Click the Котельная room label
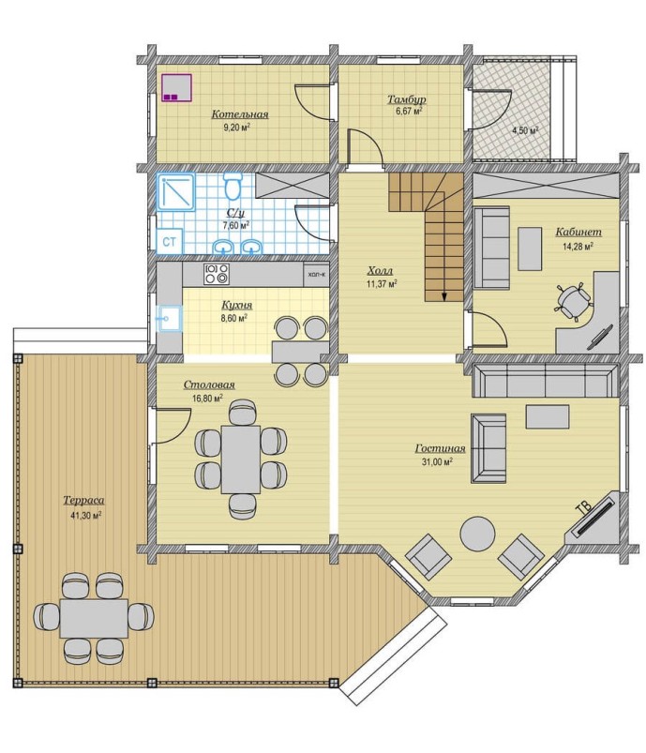coord(240,114)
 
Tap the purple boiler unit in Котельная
coord(177,87)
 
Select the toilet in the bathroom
coord(233,187)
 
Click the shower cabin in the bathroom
coord(175,191)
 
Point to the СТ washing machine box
coord(169,242)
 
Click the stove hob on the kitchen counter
coord(217,274)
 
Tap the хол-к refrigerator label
coord(316,275)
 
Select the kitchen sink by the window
coord(169,319)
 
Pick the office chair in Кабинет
coord(573,302)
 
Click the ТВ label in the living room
coord(583,509)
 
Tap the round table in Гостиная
coord(477,534)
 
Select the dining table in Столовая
coord(240,459)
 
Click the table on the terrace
coord(94,618)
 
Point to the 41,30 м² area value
coord(85,516)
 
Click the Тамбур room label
coord(406,99)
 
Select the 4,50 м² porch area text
coord(524,130)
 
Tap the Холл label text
coord(380,271)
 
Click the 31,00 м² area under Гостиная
coord(437,462)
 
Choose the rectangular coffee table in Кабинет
coord(530,248)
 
